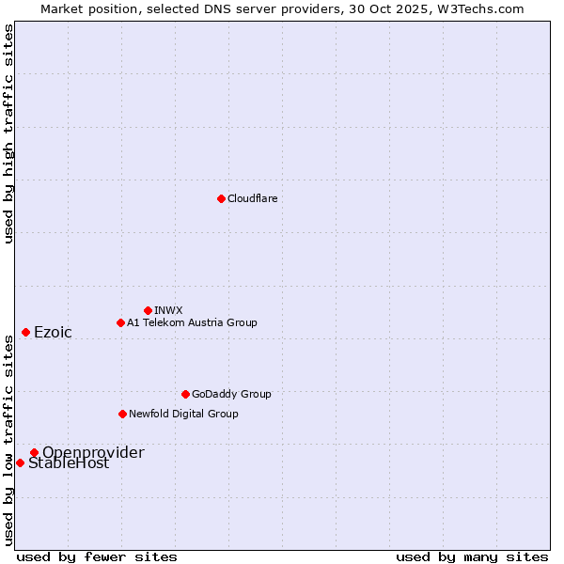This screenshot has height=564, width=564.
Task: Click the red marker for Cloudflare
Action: point(221,198)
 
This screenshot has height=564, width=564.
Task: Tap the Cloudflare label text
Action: point(252,198)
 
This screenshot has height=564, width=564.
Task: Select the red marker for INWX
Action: point(148,310)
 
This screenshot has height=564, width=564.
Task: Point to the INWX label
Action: point(168,310)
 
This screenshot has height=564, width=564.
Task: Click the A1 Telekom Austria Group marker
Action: point(120,322)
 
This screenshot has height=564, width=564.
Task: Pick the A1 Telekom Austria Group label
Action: point(192,322)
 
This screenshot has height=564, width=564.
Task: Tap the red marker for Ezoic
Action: point(25,332)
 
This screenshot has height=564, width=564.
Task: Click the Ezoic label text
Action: point(53,332)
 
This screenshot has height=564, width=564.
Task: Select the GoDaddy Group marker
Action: point(185,394)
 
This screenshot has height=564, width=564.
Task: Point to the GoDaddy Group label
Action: point(231,394)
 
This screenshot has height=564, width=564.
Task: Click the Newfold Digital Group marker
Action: point(122,414)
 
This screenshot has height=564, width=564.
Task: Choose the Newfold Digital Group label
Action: point(183,414)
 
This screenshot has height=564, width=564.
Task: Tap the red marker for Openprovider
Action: point(34,452)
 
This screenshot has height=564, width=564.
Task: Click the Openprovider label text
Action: point(93,452)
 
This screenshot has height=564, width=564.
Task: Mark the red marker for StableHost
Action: point(20,462)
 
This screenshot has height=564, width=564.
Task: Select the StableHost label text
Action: point(69,463)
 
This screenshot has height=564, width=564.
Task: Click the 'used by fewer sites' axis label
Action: point(97,556)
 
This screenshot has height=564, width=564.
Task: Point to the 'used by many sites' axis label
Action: point(472,556)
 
